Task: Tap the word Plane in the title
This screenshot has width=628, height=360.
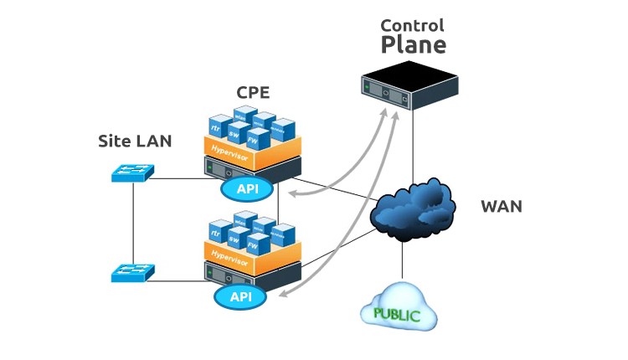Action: tap(413, 45)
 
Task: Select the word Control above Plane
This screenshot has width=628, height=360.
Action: tap(413, 25)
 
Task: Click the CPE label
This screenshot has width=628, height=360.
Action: tap(253, 93)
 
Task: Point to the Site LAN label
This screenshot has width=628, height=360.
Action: tap(135, 141)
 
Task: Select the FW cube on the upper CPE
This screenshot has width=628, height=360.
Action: tap(265, 140)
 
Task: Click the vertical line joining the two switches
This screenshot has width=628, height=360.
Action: tap(133, 224)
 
